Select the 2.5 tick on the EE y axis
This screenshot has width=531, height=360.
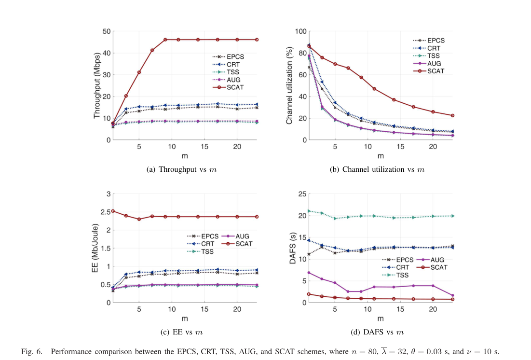click(x=105, y=212)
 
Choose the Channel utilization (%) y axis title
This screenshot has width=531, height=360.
click(x=289, y=85)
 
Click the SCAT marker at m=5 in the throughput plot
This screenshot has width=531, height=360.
click(x=139, y=72)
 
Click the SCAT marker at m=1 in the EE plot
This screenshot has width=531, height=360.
click(x=113, y=211)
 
